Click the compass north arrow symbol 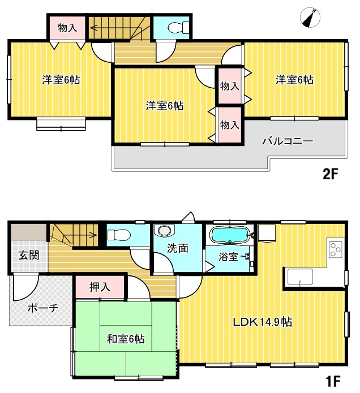(311, 18)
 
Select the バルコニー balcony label (287, 142)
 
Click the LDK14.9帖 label (263, 322)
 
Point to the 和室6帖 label (126, 339)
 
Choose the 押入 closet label (100, 287)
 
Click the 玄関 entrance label (28, 255)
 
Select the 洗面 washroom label (177, 248)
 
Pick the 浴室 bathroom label (228, 257)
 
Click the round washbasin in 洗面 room (165, 231)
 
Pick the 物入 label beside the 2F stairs (68, 27)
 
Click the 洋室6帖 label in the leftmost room (61, 80)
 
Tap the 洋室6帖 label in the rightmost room (294, 80)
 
